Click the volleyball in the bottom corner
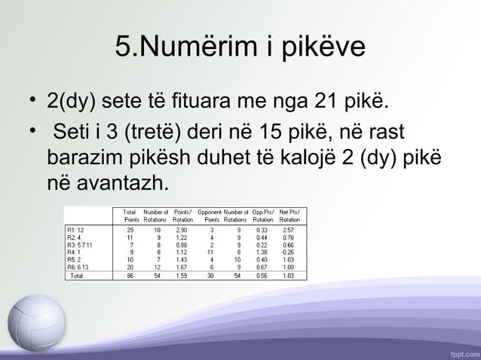(x=35, y=322)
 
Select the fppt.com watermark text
(x=461, y=352)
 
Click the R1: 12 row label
(x=76, y=229)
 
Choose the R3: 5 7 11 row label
(x=81, y=245)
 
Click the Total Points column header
(x=129, y=215)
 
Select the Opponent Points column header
(x=208, y=215)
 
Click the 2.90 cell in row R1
(x=182, y=229)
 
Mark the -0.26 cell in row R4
(x=287, y=252)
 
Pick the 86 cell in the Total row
(x=130, y=276)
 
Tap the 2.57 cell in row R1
(x=288, y=229)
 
